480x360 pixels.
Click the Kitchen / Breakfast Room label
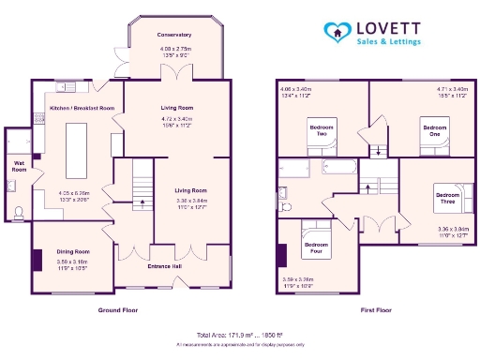pyautogui.click(x=82, y=109)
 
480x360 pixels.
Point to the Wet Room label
pyautogui.click(x=18, y=165)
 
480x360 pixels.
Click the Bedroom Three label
pyautogui.click(x=447, y=198)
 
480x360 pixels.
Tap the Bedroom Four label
pyautogui.click(x=316, y=247)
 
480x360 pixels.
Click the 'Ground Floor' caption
pyautogui.click(x=118, y=308)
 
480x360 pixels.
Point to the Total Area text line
pyautogui.click(x=239, y=335)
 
